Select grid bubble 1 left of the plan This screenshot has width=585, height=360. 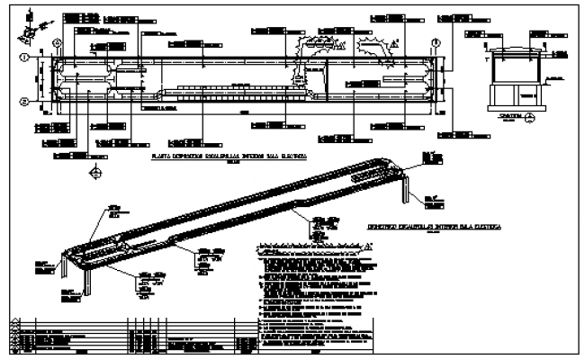coord(27,58)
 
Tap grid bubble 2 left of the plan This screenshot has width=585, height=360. coord(27,100)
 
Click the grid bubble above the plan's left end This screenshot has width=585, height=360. coord(58,40)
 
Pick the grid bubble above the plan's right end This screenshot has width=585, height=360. coord(436,41)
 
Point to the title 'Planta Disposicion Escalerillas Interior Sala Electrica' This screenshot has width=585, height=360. coord(229,155)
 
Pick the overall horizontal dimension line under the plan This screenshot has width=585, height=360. coord(243,114)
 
